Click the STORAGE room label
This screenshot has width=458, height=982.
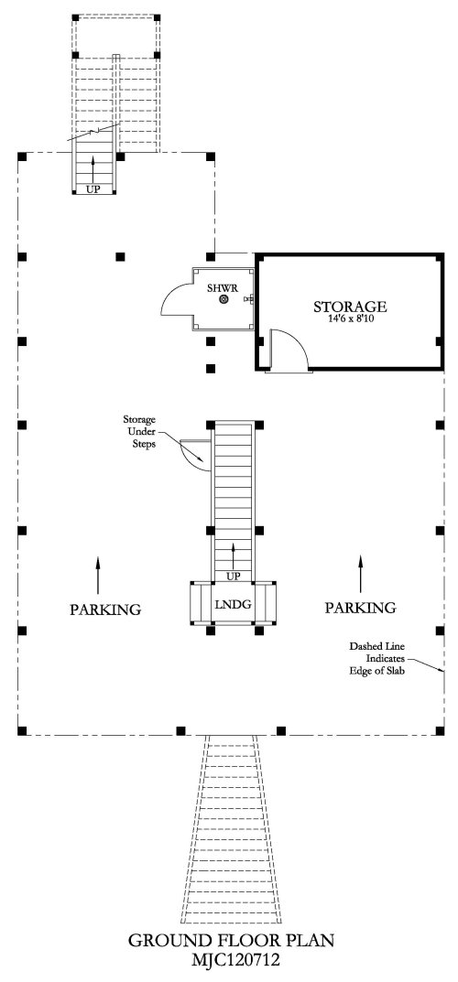[x=350, y=307]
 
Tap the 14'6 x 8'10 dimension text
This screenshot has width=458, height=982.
[x=350, y=318]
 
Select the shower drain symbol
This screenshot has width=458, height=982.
[x=224, y=300]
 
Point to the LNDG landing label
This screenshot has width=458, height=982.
[x=233, y=604]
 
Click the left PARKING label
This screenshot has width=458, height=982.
[x=105, y=609]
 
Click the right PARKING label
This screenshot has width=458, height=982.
[x=360, y=607]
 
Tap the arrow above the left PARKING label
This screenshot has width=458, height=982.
[x=98, y=575]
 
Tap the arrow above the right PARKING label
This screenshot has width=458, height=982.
[x=360, y=574]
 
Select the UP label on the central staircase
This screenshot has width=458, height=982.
[x=233, y=577]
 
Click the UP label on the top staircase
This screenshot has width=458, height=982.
[x=93, y=189]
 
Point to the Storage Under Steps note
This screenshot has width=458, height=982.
[x=138, y=431]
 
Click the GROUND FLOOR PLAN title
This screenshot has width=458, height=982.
[x=231, y=940]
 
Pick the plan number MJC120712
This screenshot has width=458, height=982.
[x=231, y=959]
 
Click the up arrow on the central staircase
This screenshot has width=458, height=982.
[x=234, y=556]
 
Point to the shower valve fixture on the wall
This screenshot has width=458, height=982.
[x=249, y=299]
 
